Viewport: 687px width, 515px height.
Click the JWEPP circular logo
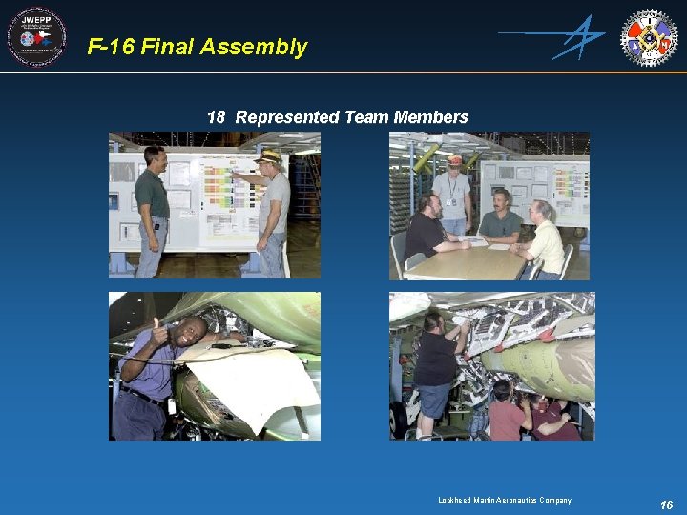[36, 37]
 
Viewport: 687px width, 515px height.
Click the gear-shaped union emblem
[649, 37]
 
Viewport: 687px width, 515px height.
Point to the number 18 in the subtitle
[216, 117]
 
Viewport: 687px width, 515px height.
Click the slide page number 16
[666, 505]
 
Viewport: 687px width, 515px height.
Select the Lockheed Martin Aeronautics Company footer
[505, 500]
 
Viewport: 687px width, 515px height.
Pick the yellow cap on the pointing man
[269, 154]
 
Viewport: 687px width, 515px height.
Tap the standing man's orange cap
[454, 159]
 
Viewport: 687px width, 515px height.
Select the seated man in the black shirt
[426, 232]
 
